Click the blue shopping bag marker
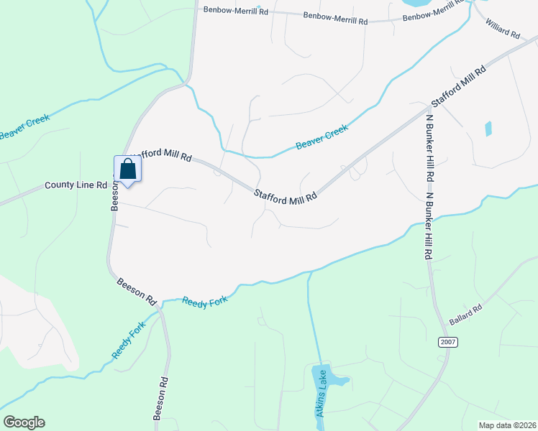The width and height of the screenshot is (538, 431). [x=128, y=170]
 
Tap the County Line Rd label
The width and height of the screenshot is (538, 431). [x=76, y=185]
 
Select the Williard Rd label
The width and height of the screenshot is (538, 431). [x=503, y=29]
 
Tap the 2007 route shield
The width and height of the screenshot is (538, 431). [x=447, y=343]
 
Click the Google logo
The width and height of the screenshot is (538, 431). [x=24, y=422]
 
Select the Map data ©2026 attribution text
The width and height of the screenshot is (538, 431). [x=507, y=425]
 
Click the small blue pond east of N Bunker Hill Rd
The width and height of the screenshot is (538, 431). [x=488, y=129]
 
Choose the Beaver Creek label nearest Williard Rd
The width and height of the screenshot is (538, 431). [x=322, y=136]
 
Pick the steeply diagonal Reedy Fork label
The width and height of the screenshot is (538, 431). [x=129, y=341]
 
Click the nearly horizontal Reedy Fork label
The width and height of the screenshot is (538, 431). [x=204, y=302]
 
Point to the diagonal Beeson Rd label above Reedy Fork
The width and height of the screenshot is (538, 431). [x=137, y=289]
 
